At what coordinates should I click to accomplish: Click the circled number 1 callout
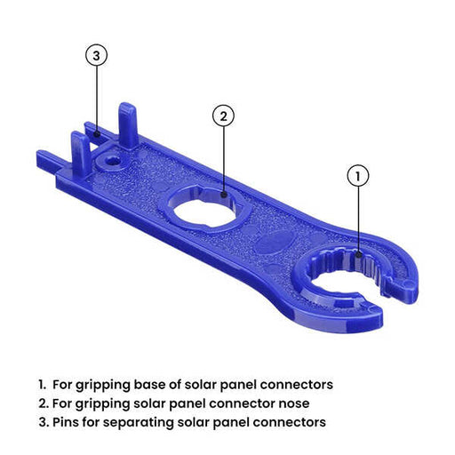tap(357, 176)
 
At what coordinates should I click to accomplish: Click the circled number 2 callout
tap(224, 116)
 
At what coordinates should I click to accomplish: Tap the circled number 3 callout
tap(97, 55)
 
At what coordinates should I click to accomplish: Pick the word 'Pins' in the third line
tap(67, 421)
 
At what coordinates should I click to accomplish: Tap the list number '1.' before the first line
tap(42, 385)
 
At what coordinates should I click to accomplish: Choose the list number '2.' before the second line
tap(43, 403)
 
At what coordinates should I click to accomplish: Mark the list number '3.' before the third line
tap(43, 421)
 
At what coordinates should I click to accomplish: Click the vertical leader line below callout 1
tap(357, 218)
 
